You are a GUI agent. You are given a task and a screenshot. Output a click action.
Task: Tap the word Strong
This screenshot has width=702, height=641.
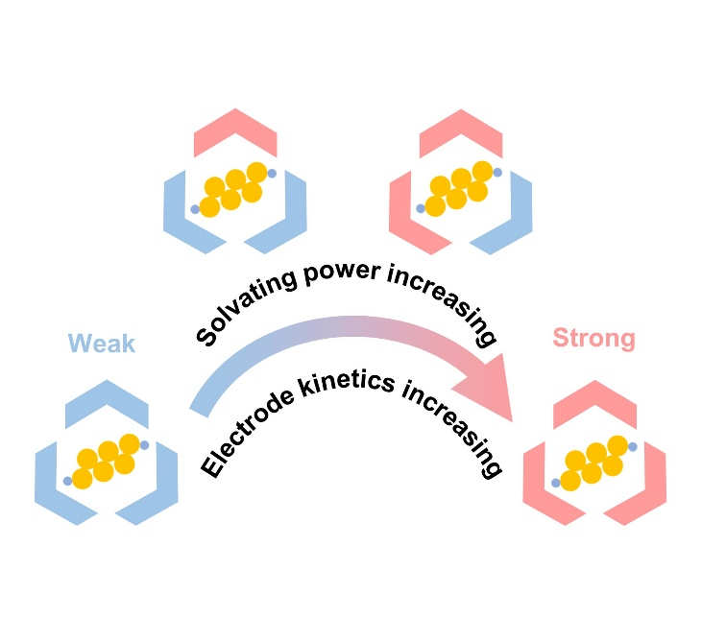click(593, 338)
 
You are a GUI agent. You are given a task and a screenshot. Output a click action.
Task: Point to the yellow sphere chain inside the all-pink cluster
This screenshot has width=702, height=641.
click(593, 464)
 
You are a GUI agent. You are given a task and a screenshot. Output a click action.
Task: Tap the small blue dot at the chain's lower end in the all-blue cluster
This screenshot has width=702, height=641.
click(67, 481)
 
